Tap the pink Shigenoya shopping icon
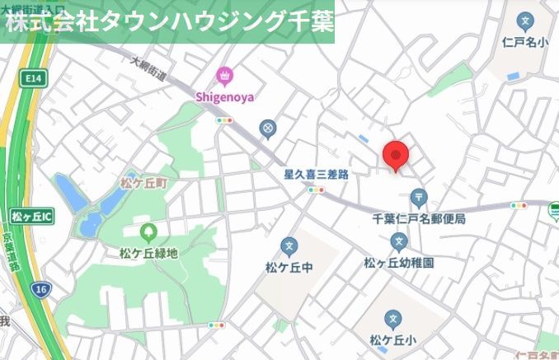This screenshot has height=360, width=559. tap(223, 77)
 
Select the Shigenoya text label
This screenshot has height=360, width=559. tap(223, 96)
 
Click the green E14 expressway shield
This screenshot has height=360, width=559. tap(33, 78)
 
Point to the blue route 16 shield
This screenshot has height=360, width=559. tap(40, 288)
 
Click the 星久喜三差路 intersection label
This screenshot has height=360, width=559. tap(317, 175)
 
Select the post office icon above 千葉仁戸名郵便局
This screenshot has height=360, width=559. tap(419, 198)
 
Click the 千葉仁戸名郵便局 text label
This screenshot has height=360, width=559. tap(419, 219)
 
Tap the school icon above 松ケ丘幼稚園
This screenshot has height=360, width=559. tap(399, 242)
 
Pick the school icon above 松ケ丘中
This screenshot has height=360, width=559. tap(289, 245)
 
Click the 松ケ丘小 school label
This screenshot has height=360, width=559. tap(392, 339)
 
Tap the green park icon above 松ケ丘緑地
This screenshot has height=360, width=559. tap(149, 233)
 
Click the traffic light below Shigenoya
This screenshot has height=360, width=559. tap(223, 120)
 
